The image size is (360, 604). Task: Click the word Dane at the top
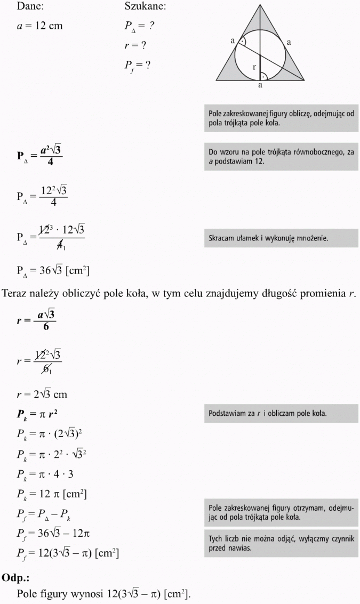[30, 7]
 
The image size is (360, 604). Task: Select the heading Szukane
[145, 7]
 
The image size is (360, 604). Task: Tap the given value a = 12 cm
[39, 26]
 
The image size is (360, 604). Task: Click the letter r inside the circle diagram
[254, 67]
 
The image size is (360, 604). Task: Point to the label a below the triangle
[260, 85]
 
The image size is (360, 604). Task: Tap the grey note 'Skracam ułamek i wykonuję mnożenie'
[281, 238]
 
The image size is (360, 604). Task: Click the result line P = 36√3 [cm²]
[53, 271]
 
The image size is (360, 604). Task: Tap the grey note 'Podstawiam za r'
[281, 414]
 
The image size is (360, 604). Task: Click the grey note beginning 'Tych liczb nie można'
[281, 544]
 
